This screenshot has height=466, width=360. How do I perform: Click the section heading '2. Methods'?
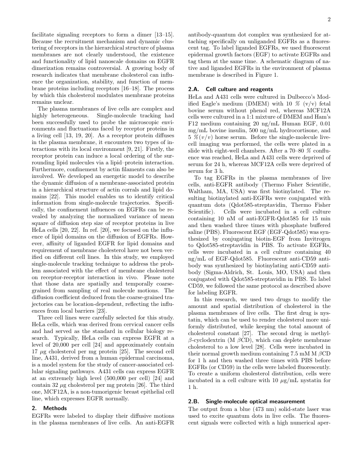50,408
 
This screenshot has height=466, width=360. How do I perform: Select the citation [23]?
103,310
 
